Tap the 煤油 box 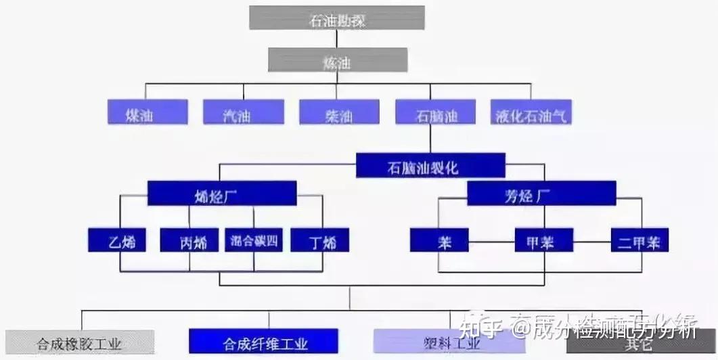(148, 112)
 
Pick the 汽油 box (244, 112)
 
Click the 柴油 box (339, 112)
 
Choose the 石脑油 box (435, 112)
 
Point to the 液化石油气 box (531, 112)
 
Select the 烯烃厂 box (222, 194)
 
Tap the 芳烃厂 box (541, 194)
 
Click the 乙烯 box (116, 240)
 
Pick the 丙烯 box (189, 240)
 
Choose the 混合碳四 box (253, 240)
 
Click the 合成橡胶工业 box (79, 342)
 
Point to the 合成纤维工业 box (263, 342)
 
